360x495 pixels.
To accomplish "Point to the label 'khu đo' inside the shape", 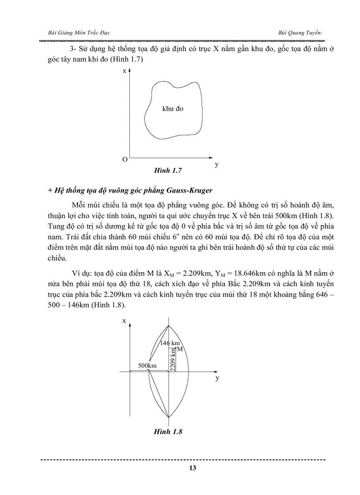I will click(172, 108).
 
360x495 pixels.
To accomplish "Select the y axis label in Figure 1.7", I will click(217, 164).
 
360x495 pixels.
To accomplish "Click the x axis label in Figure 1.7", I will click(124, 71).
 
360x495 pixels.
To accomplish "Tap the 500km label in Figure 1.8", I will click(147, 366).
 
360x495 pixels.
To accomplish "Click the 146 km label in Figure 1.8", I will click(170, 343).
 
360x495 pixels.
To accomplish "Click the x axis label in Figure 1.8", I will click(124, 321).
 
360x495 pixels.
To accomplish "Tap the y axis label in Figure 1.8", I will click(217, 378).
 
